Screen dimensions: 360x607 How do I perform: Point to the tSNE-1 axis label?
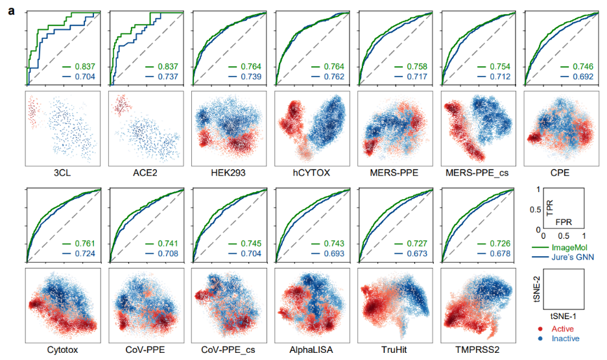(562, 316)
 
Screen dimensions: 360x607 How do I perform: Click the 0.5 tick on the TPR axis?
(536, 209)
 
